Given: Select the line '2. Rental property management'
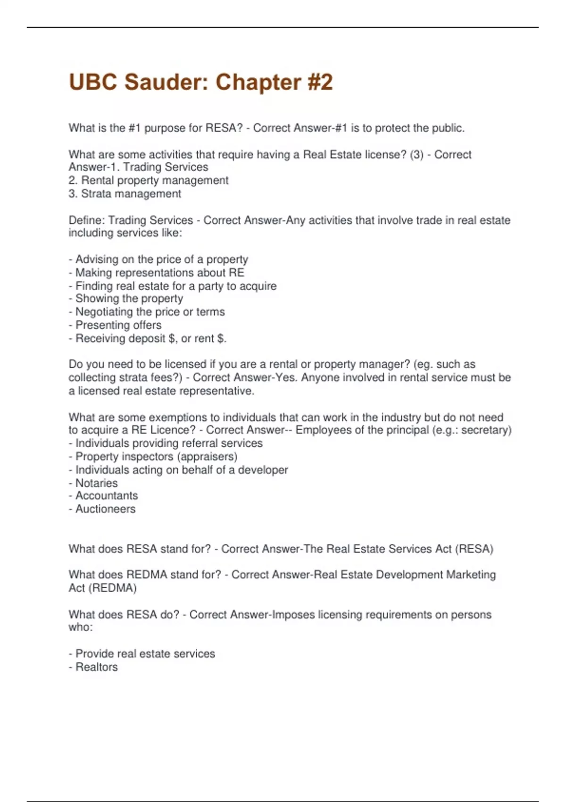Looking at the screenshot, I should pyautogui.click(x=149, y=180).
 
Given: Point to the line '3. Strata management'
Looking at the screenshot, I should pyautogui.click(x=125, y=193).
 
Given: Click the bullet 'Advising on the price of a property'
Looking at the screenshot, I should pyautogui.click(x=158, y=259).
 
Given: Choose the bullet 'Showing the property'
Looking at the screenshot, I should pyautogui.click(x=126, y=299).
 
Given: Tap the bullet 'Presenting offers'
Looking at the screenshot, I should pyautogui.click(x=115, y=325).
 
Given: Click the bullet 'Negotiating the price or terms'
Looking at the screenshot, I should pyautogui.click(x=147, y=312).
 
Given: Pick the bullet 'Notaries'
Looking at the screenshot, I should pyautogui.click(x=93, y=483).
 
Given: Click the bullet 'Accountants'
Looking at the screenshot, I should pyautogui.click(x=103, y=495).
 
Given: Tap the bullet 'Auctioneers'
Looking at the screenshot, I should pyautogui.click(x=102, y=509).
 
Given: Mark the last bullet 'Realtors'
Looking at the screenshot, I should pyautogui.click(x=93, y=667).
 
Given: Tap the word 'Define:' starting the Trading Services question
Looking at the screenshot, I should pyautogui.click(x=87, y=220).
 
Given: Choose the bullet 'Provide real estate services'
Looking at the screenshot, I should pyautogui.click(x=142, y=653).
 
